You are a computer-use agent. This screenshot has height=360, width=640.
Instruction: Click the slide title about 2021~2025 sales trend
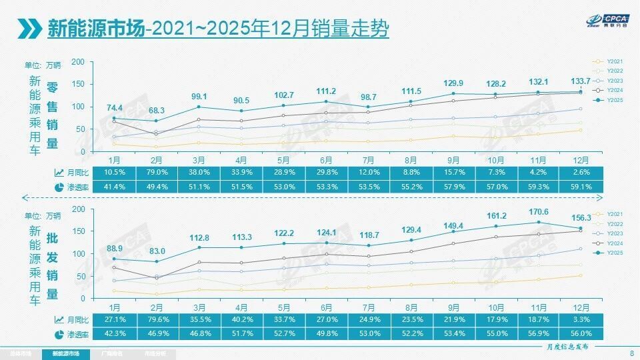click(218, 29)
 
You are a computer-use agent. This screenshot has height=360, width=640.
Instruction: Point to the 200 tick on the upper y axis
click(78, 62)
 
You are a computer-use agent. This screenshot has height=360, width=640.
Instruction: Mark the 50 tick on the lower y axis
click(80, 276)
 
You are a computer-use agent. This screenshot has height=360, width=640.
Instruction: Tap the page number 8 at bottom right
click(631, 353)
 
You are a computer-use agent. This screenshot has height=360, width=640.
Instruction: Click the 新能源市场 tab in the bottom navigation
click(65, 353)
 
